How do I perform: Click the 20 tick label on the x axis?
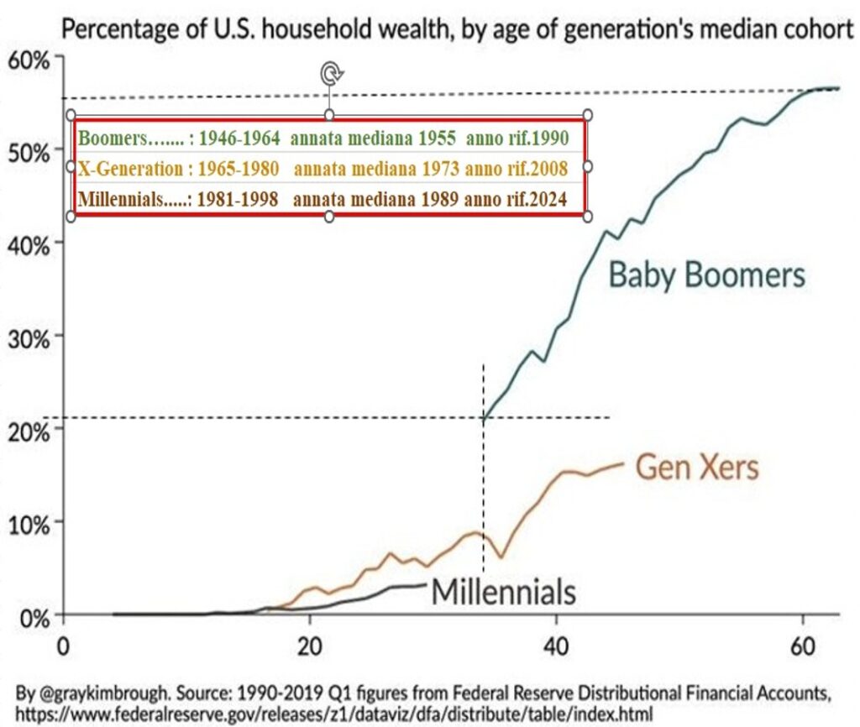click(310, 649)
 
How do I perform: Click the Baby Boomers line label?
click(706, 275)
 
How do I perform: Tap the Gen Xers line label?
click(696, 467)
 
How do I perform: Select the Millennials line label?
click(503, 592)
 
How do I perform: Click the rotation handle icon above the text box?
click(330, 75)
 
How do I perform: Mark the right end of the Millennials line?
click(427, 584)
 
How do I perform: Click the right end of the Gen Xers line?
click(624, 463)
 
